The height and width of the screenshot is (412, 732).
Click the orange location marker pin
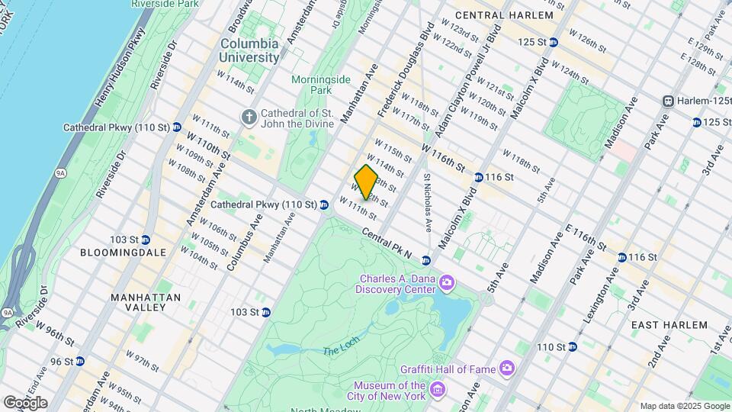click(x=367, y=182)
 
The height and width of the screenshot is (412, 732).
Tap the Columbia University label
click(x=249, y=50)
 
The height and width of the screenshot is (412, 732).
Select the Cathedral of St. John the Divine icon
click(x=249, y=117)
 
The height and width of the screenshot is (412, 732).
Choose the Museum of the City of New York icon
click(x=438, y=391)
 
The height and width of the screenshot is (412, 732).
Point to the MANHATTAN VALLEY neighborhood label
click(x=146, y=301)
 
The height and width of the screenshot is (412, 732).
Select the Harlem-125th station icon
click(x=668, y=101)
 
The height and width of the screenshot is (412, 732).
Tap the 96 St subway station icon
click(x=80, y=361)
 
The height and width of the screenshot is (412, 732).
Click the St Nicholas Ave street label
click(x=428, y=202)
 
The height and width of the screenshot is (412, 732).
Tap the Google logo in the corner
click(x=25, y=403)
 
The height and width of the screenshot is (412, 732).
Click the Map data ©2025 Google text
click(x=685, y=406)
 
